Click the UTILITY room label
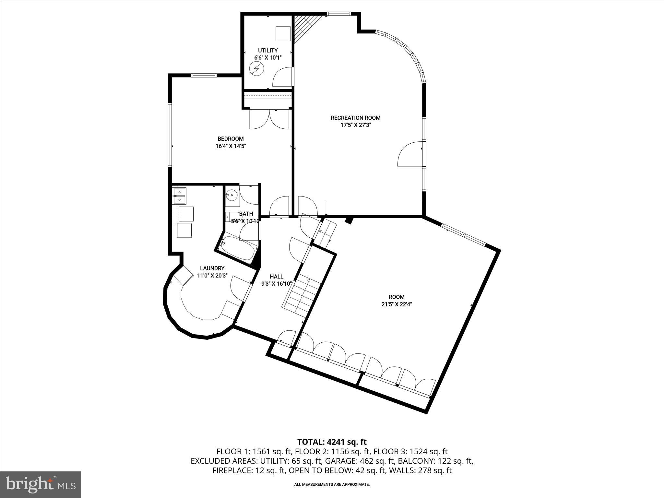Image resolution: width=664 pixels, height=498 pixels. point(267,50)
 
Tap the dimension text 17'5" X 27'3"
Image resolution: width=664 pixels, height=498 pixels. point(355,125)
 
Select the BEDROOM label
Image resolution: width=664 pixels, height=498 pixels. point(231,139)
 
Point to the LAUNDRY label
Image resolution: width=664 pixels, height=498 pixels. point(212,268)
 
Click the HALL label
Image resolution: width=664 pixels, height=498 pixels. point(276,277)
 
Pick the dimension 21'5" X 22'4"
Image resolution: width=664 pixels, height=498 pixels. point(397,304)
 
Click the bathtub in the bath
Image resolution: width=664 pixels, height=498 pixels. point(238,248)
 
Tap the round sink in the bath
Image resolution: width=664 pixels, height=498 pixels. point(232,195)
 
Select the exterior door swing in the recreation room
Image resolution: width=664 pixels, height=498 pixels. point(410,154)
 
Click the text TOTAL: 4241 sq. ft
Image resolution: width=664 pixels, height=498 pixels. point(332,442)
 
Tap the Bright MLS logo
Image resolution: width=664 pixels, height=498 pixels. point(41,485)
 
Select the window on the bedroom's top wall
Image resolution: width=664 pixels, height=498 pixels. point(204,76)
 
